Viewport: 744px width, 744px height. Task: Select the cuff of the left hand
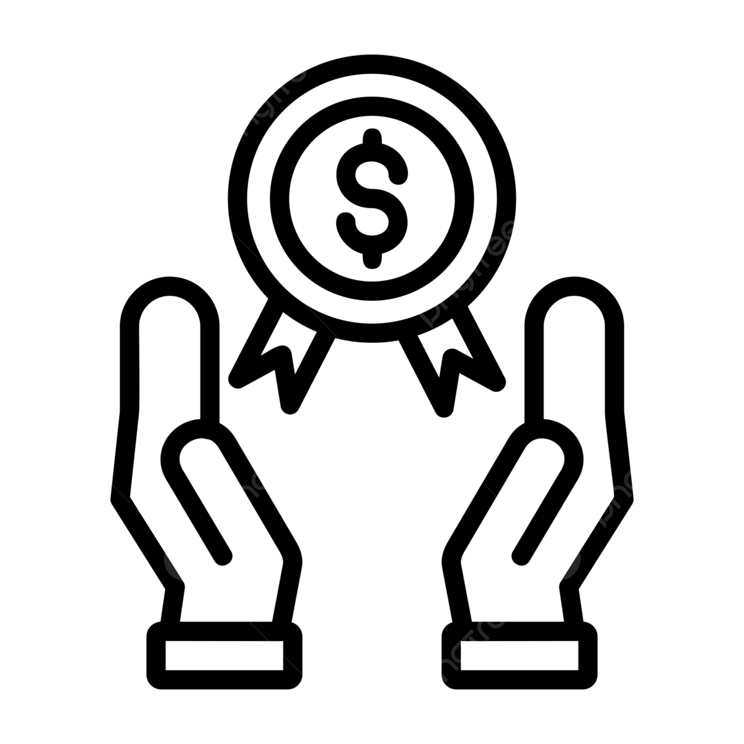tap(224, 656)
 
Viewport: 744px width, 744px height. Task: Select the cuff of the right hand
tap(520, 656)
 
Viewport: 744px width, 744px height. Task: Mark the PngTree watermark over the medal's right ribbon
tap(468, 273)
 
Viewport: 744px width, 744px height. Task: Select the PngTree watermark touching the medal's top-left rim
tap(270, 99)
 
